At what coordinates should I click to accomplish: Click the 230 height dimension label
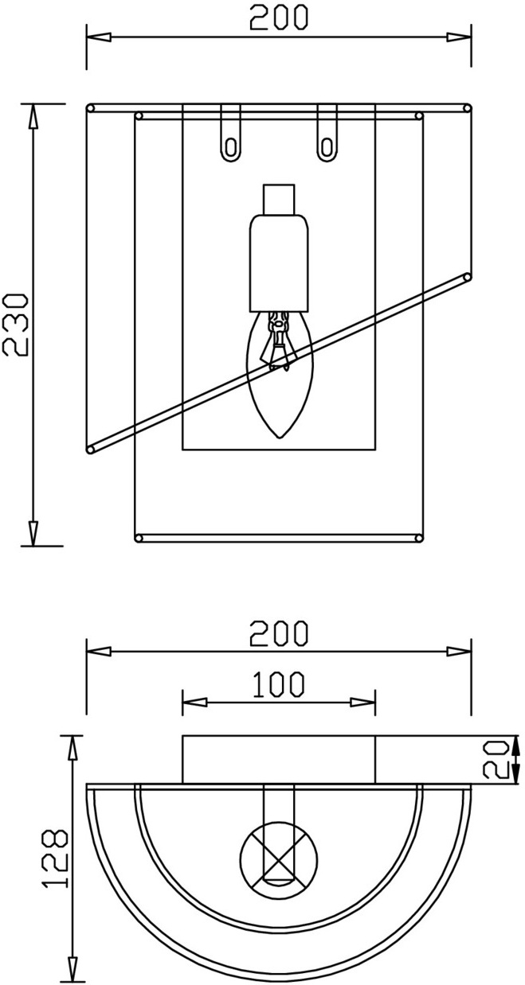pyautogui.click(x=15, y=325)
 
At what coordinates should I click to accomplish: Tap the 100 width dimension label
pyautogui.click(x=279, y=685)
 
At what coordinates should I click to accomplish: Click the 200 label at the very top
pyautogui.click(x=279, y=18)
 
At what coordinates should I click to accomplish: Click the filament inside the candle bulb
pyautogui.click(x=277, y=340)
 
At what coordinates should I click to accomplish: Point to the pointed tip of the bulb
pyautogui.click(x=279, y=437)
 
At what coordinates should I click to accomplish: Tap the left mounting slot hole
pyautogui.click(x=230, y=148)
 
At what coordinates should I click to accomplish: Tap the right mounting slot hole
pyautogui.click(x=327, y=148)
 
